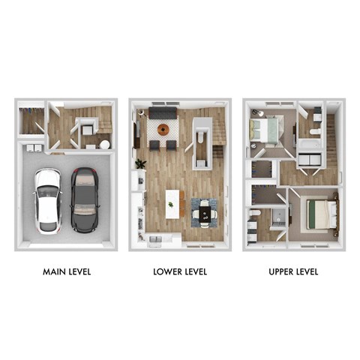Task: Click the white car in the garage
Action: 47,199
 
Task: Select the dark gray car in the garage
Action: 84,199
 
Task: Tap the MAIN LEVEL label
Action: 67,271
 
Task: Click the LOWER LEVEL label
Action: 179,271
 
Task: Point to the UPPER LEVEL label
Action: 293,271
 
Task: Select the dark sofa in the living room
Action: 162,112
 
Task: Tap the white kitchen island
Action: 173,204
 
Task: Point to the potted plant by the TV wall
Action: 140,164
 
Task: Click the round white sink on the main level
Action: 104,144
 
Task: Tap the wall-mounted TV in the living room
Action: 136,135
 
